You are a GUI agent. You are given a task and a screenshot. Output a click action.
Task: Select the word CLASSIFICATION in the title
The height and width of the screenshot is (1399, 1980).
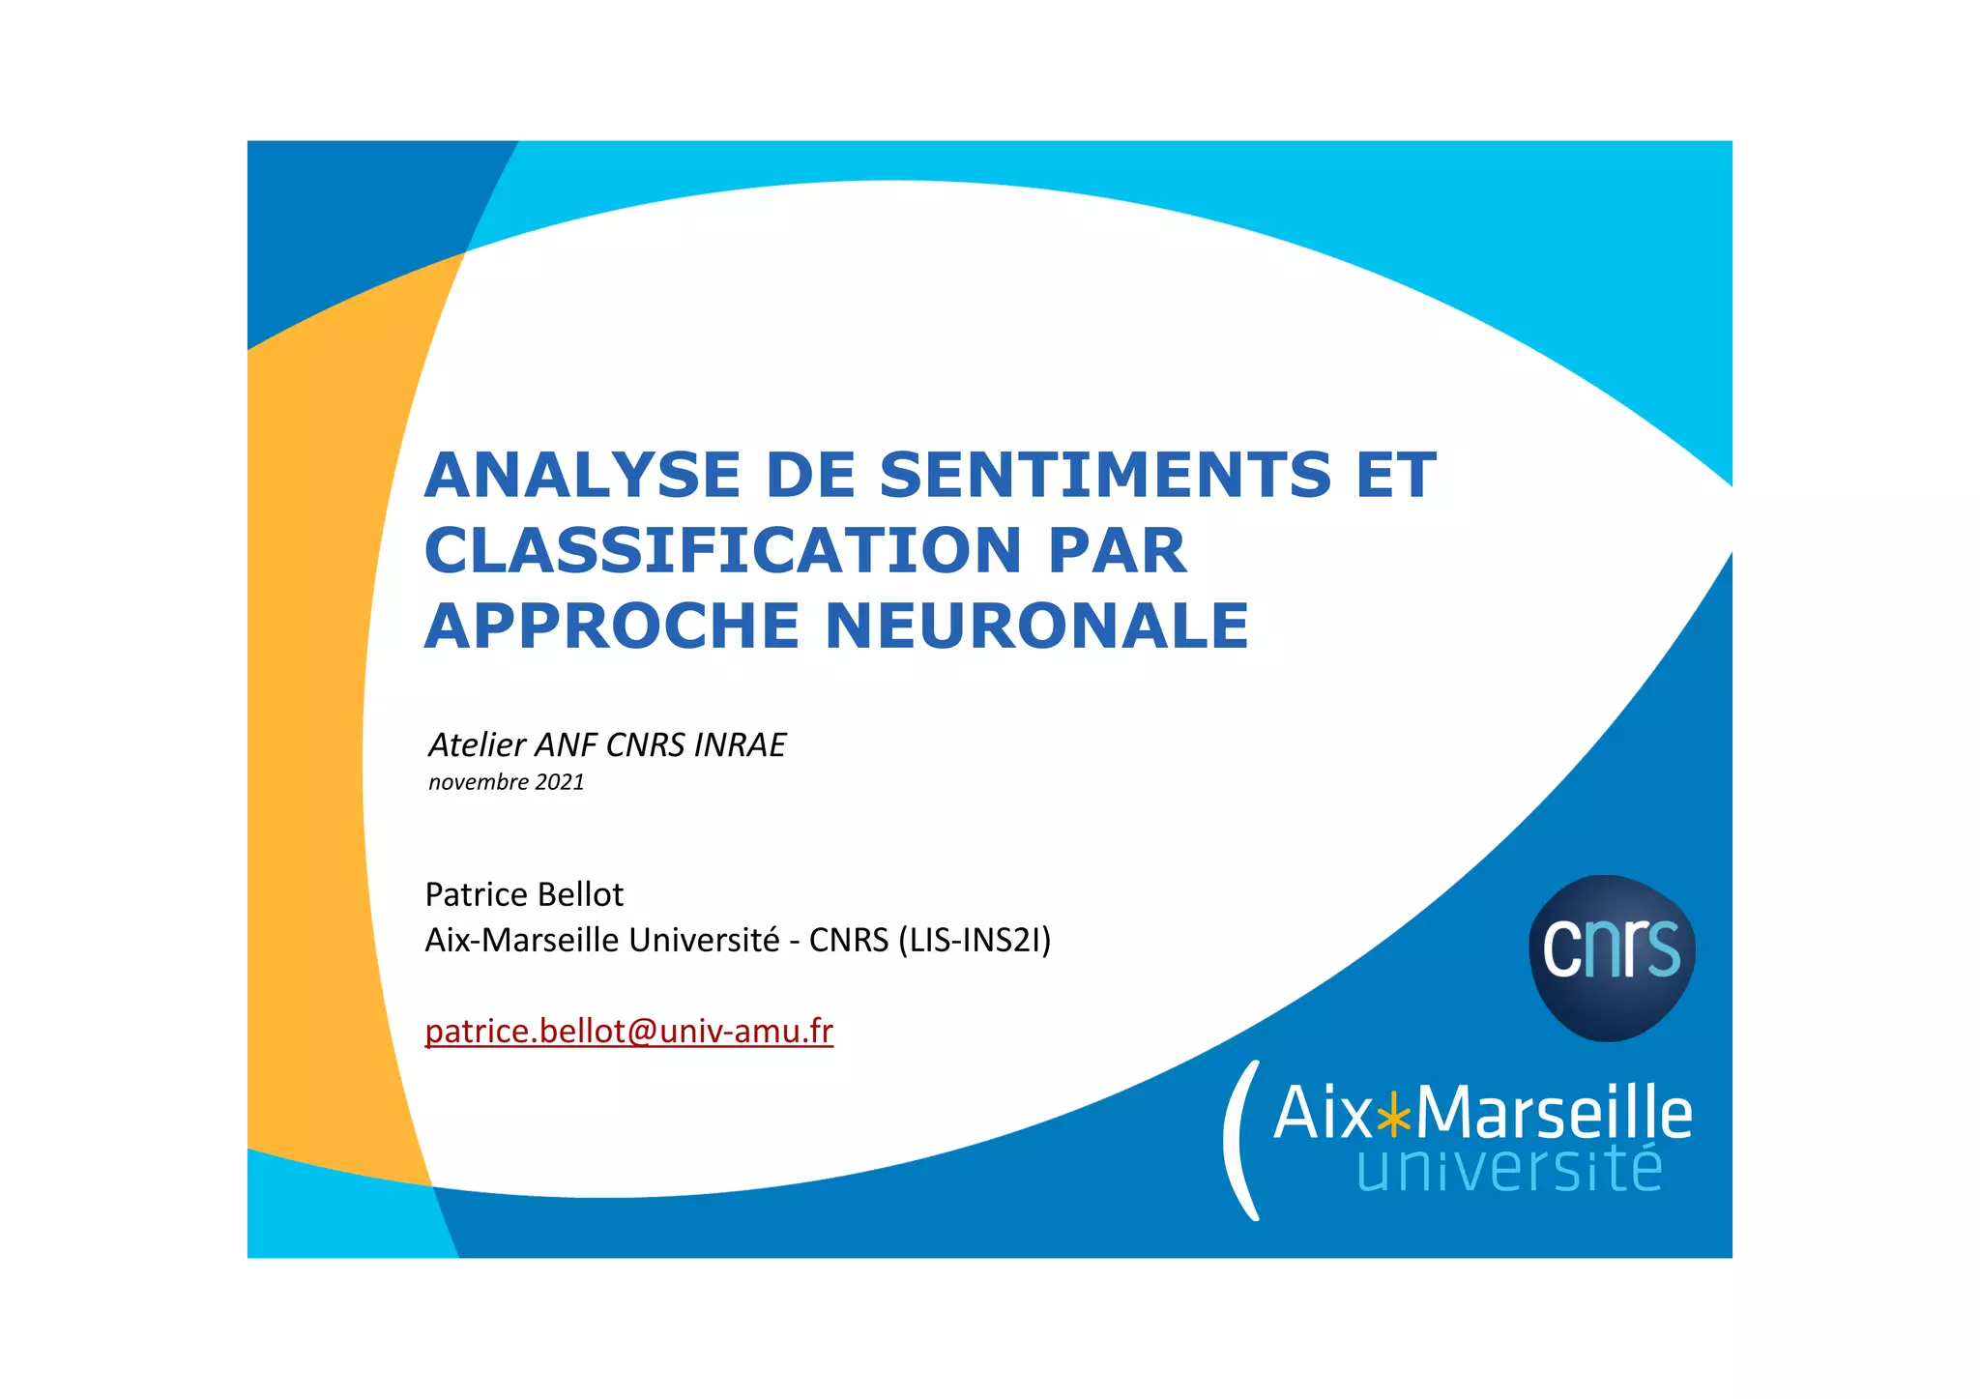pos(722,551)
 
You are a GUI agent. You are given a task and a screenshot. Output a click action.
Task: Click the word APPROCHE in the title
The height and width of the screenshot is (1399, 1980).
pos(611,627)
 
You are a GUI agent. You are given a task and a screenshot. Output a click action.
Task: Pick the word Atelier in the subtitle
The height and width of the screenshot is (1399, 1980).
pos(477,745)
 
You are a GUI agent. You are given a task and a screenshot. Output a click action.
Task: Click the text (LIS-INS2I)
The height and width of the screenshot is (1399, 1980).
pos(974,940)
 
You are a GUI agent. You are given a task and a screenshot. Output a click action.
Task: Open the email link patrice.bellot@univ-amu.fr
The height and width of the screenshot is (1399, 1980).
pos(628,1032)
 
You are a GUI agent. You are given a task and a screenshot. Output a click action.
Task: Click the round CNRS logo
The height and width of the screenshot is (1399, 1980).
pos(1612,957)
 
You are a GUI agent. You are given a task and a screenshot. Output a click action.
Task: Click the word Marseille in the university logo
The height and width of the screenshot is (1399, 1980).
pos(1553,1114)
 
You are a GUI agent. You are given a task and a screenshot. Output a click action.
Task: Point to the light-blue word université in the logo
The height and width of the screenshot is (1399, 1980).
pos(1509,1169)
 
